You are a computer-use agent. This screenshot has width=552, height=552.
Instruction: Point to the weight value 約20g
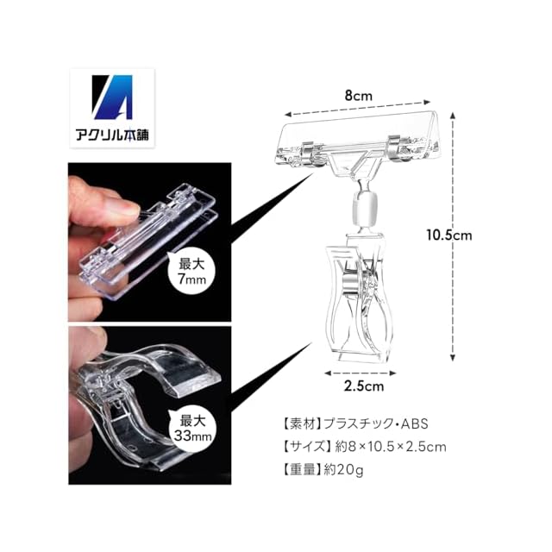(x=350, y=471)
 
